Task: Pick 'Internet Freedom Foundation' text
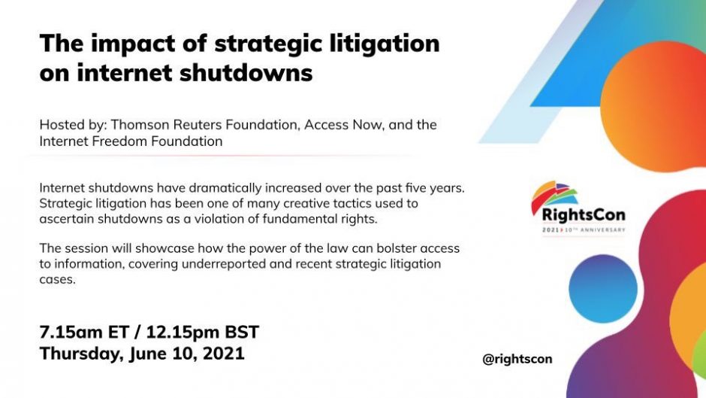(131, 141)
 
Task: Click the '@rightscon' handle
(517, 359)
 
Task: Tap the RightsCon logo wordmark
(584, 214)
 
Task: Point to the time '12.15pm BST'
(203, 332)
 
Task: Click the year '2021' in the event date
(223, 354)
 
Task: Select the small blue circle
(603, 289)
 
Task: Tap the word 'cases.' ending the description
(57, 280)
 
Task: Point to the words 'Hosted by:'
(73, 125)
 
